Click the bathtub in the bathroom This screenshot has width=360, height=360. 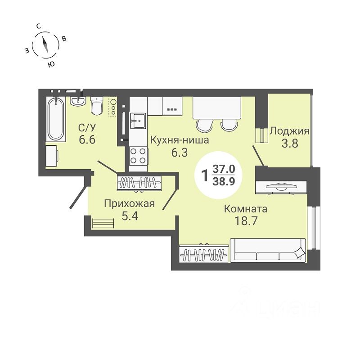coord(56,119)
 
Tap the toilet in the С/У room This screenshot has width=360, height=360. coord(97,106)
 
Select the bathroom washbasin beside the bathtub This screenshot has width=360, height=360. coord(78,101)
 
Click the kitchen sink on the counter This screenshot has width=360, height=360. coord(138,121)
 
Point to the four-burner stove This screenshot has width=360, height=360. coord(138,156)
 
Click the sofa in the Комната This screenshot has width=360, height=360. coord(268,250)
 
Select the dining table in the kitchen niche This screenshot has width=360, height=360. coord(217,108)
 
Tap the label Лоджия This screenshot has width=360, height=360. coord(289,131)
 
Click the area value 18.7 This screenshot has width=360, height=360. coord(246,221)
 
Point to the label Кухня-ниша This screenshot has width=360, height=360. coord(180,140)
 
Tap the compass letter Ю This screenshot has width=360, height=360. coord(51,64)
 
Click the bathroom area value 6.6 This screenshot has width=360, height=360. coord(87,139)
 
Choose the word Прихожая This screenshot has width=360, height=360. coord(130,204)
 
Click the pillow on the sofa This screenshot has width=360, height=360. coord(299,253)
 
